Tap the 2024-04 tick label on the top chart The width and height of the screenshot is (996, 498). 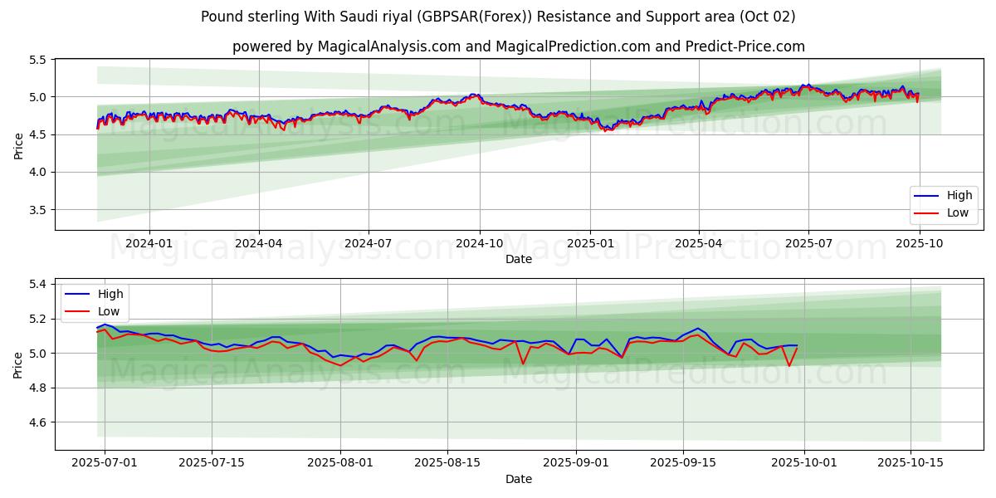[x=259, y=243]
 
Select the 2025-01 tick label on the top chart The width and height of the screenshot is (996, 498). [x=589, y=243]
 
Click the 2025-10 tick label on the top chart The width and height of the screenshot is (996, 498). [x=919, y=243]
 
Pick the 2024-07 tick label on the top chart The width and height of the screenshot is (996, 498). [x=369, y=243]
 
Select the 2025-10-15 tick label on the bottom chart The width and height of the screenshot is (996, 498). [x=910, y=463]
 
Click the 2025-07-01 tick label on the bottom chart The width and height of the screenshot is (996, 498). [x=105, y=463]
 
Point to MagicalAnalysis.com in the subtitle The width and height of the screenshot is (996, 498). [x=389, y=46]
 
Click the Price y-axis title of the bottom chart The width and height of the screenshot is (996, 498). [x=18, y=364]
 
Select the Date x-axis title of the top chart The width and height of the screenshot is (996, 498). [x=519, y=259]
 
